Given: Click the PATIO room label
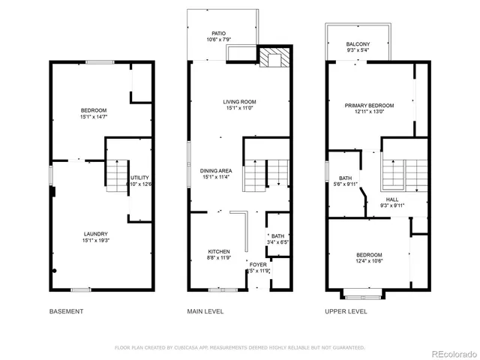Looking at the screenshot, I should pos(218,33).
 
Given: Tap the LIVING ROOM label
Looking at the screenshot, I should pos(240,102).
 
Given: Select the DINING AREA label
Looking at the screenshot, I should pos(217,170).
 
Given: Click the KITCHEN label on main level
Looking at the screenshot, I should pos(219,251).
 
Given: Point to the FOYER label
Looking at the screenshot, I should pos(258,263).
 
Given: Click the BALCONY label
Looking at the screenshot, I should pos(358,44).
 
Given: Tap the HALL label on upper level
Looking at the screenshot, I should pos(392,199).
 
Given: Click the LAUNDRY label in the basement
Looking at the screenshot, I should pos(95,233).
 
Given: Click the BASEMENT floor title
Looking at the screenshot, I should pos(66,311).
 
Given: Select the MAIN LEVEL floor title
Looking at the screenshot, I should pos(206,311).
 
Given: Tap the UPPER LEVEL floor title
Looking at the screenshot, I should pos(346,311).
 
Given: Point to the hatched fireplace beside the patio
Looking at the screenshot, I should pos(272,58).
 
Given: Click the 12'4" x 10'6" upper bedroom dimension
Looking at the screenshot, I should pos(369,261).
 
